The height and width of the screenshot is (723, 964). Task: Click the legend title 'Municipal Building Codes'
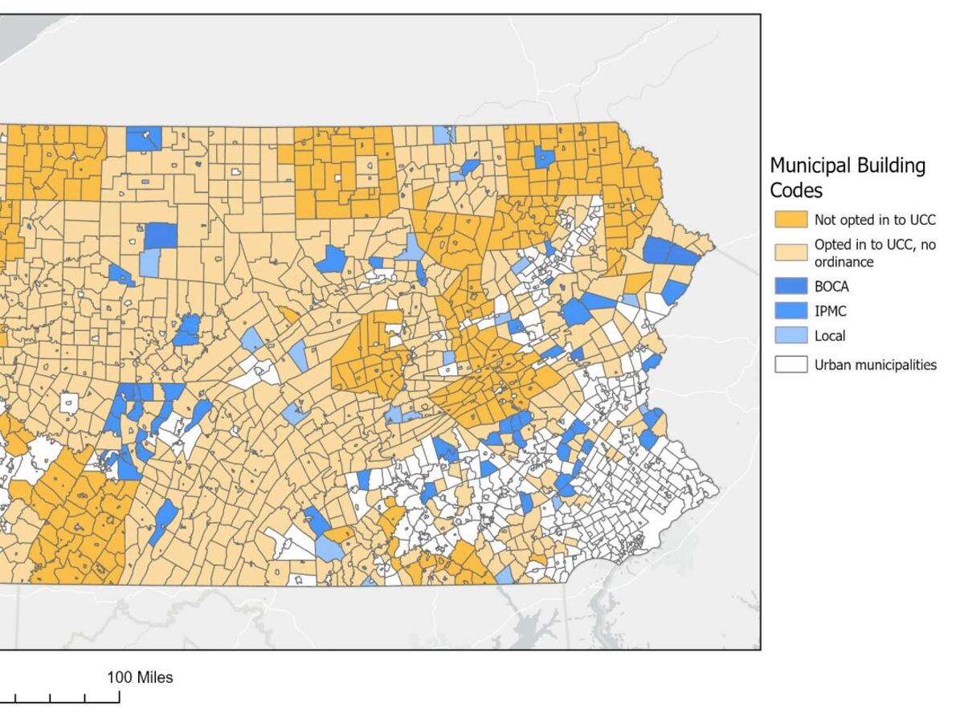tap(848, 178)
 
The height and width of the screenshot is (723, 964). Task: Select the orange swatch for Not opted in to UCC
tap(790, 219)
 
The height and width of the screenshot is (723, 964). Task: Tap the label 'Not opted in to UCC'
tap(875, 219)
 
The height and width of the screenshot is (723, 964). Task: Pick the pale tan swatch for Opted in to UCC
tap(790, 252)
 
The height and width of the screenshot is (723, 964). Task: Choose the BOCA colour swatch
tap(790, 286)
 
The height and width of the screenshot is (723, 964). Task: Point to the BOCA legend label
tap(831, 286)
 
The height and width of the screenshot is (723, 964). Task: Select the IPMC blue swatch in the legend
tap(790, 311)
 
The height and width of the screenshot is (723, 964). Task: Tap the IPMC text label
tap(831, 311)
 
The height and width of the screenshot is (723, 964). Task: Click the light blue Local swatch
tap(790, 336)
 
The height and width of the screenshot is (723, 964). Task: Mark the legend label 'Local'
tap(830, 336)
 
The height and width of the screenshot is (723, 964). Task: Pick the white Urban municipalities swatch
tap(790, 365)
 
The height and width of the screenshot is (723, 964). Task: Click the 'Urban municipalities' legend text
tap(875, 365)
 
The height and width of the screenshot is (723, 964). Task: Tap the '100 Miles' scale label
tap(140, 677)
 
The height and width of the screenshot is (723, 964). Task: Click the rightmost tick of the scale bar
tap(120, 697)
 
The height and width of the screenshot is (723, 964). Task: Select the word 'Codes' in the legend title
tap(796, 190)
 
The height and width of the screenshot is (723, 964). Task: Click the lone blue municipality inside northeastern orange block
tap(545, 157)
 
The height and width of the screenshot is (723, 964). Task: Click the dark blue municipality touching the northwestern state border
tap(143, 138)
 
